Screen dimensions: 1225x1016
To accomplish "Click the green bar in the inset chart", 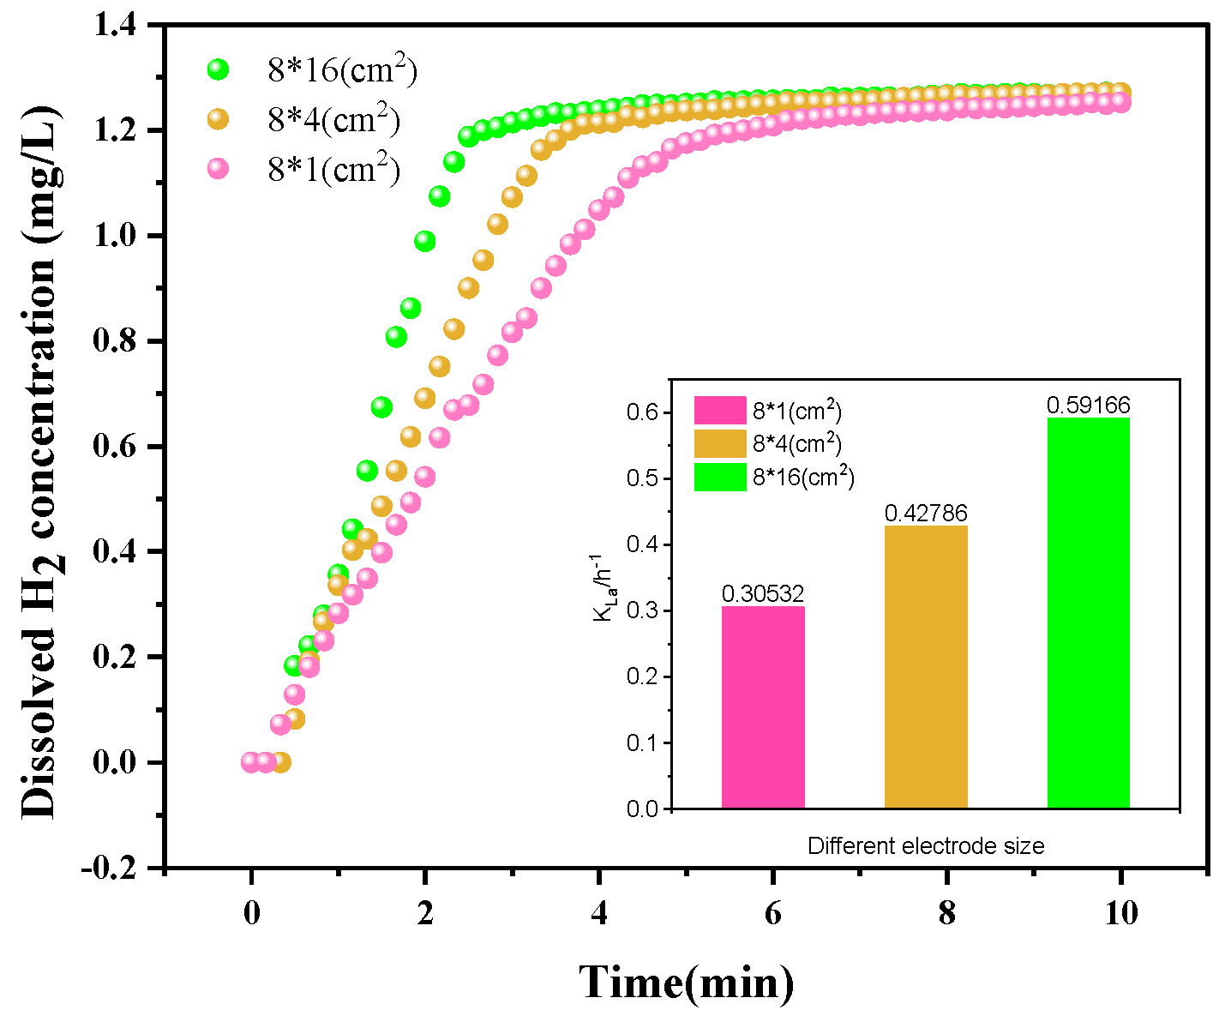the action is (1089, 613).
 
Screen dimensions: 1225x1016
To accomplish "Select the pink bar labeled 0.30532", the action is (763, 707).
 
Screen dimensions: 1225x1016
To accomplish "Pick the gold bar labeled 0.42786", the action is (926, 667).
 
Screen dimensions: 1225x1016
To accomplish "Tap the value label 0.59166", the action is (1089, 405).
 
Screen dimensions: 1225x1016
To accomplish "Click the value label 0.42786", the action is (926, 513).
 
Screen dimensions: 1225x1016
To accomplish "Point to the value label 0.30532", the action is (763, 594).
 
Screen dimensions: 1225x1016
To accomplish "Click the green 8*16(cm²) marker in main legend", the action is (219, 69).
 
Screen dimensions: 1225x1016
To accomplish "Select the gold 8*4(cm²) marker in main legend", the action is (219, 119).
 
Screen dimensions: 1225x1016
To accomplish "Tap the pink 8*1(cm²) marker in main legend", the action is (219, 168).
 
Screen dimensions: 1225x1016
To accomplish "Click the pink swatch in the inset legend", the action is (720, 411).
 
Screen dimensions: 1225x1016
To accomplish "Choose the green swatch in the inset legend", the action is (720, 477).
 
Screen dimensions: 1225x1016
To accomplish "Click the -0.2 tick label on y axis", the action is (109, 868).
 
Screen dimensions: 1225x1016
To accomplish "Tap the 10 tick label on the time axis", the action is (1121, 914).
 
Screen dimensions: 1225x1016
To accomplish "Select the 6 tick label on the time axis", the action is (773, 914).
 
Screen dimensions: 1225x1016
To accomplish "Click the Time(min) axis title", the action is (686, 982).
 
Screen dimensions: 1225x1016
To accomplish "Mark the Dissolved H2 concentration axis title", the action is (41, 462).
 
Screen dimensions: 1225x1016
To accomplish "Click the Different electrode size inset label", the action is (926, 845).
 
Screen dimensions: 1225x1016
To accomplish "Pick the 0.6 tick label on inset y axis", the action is (643, 412).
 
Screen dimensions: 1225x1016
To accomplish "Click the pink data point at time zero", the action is (250, 762).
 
